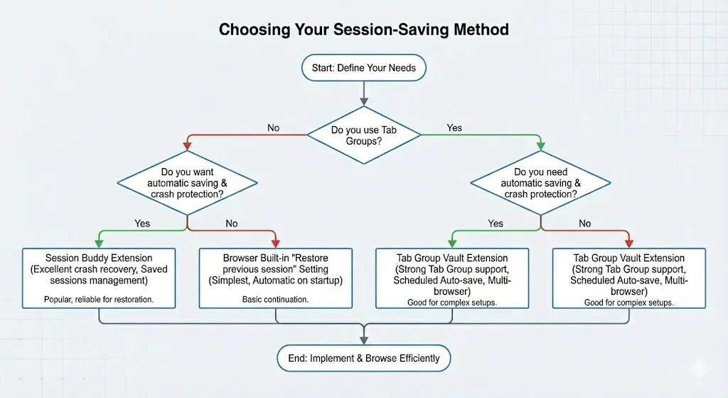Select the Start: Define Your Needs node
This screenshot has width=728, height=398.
(363, 68)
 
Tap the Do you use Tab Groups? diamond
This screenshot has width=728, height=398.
(363, 135)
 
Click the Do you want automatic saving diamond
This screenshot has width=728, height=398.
(187, 183)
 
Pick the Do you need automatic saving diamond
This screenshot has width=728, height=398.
(540, 183)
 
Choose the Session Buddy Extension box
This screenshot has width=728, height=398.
(99, 278)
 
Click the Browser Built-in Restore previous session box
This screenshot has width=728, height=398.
(275, 278)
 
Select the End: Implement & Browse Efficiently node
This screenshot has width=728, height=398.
(363, 358)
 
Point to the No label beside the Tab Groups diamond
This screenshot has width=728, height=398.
(273, 128)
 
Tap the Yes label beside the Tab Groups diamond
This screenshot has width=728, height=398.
(454, 128)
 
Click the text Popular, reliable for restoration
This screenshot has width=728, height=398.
(99, 300)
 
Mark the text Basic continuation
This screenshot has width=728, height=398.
(275, 300)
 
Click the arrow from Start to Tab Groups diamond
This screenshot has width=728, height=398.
(363, 91)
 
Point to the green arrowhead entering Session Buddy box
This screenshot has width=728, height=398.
(99, 243)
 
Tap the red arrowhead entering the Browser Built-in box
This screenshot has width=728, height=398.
(275, 243)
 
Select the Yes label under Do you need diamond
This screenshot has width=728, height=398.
(496, 224)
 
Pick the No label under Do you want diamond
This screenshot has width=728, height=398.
(232, 224)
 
